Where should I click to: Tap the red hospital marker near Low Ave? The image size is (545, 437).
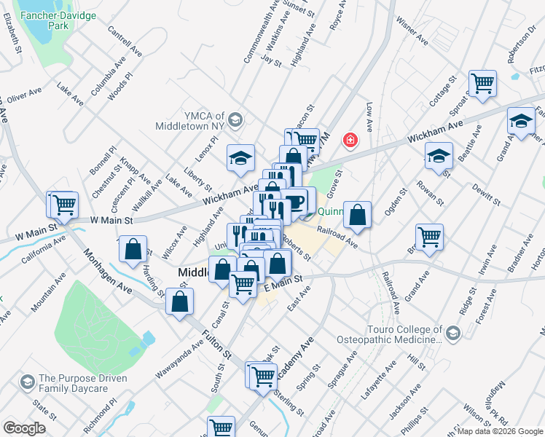[350, 139]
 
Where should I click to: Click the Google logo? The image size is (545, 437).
[24, 428]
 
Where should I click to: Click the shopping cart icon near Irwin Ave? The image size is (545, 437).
[430, 236]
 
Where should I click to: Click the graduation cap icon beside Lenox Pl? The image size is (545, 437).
[240, 157]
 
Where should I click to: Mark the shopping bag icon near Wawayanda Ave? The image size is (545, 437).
[179, 300]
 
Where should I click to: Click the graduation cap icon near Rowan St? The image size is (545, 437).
[439, 156]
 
